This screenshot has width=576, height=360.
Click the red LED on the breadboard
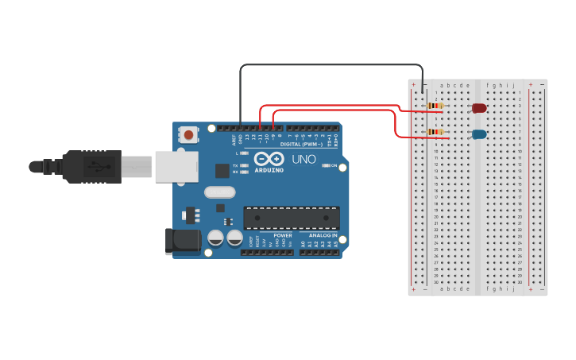[x=479, y=108]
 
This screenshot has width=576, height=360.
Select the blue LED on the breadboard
[x=479, y=134]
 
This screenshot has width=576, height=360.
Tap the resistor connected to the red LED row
[x=435, y=106]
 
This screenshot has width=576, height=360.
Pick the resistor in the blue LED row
[x=435, y=132]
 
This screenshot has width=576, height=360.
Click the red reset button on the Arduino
[x=188, y=135]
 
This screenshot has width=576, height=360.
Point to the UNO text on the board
[x=303, y=159]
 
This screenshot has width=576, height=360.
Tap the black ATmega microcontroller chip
[x=292, y=218]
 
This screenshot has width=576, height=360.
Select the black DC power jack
[x=180, y=242]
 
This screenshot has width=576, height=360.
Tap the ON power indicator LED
[x=323, y=166]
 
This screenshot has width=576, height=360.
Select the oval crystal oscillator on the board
[x=220, y=192]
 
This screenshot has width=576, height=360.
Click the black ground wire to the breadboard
[x=334, y=65]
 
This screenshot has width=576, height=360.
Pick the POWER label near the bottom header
[x=283, y=236]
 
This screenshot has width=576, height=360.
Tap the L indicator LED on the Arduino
[x=245, y=152]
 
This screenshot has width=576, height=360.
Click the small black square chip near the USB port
[x=222, y=171]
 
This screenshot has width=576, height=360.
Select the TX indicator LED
[x=245, y=165]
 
